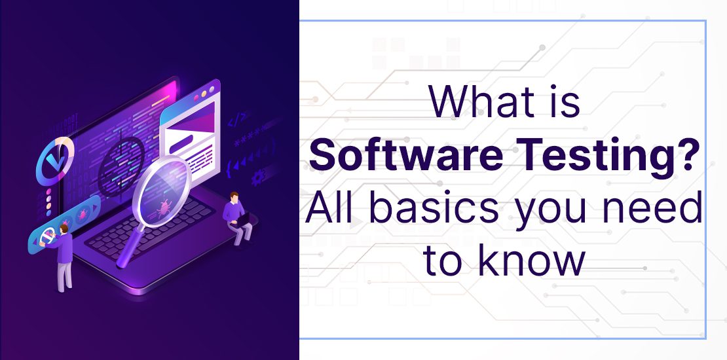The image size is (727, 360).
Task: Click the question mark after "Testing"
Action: (x=686, y=157)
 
